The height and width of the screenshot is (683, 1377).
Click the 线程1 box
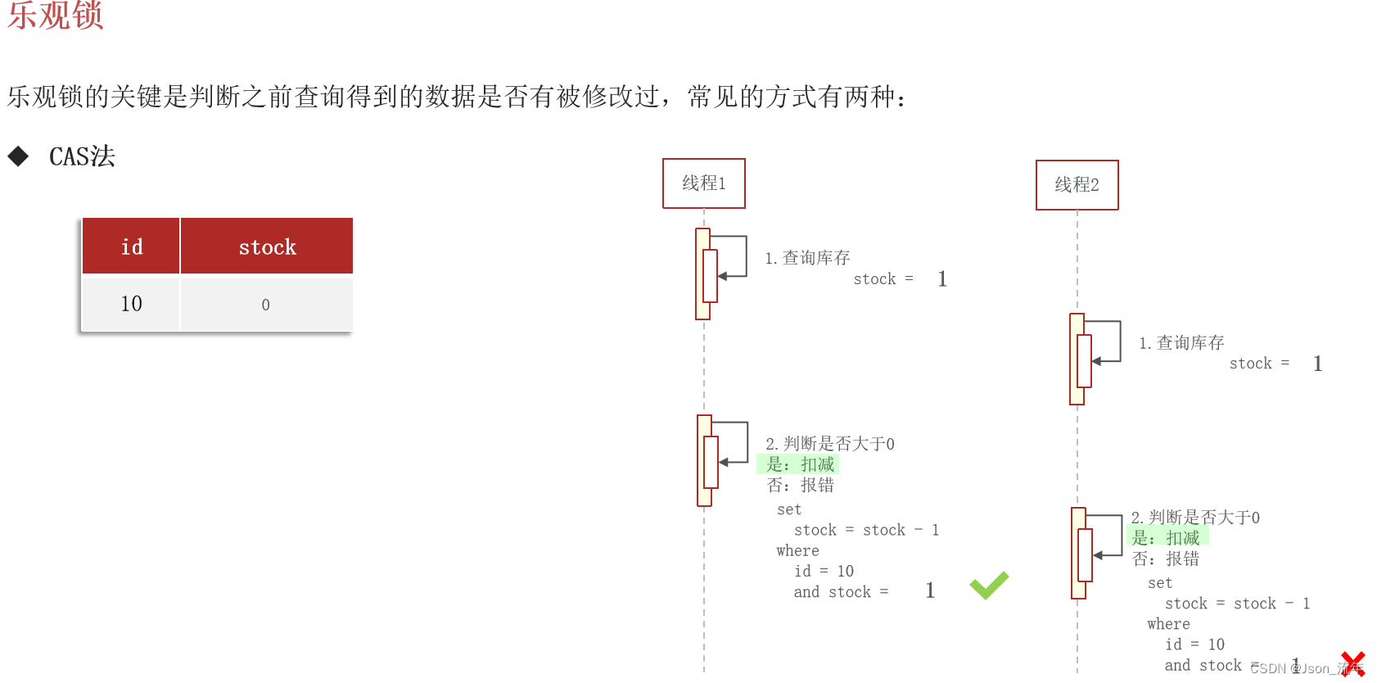coord(704,183)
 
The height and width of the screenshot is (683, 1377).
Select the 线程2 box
coord(1077,185)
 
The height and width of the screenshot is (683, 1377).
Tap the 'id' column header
coord(131,247)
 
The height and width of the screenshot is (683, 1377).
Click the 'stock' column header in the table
coord(267,247)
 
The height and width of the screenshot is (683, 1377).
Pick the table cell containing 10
coord(131,304)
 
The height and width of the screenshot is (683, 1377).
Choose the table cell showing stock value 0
coord(265,305)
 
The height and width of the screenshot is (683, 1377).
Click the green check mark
coord(989,585)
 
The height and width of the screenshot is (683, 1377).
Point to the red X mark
coord(1352,663)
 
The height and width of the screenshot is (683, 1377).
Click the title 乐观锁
coord(56,15)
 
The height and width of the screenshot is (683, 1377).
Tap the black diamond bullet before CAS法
coord(18,156)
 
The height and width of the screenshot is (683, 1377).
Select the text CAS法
coord(82,156)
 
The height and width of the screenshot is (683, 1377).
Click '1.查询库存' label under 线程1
coord(807,258)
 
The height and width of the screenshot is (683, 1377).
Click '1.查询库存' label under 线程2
coord(1181,342)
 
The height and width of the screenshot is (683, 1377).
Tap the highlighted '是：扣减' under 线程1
coord(800,464)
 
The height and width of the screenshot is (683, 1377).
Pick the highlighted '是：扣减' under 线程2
coord(1166,538)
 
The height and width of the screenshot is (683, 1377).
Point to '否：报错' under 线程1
coord(800,485)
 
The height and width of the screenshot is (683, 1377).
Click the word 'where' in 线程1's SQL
coord(797,550)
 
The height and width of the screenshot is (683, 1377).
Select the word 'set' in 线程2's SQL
coord(1160,583)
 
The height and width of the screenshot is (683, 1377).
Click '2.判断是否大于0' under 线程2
coord(1195,517)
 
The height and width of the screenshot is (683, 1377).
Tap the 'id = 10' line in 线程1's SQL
coord(824,571)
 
